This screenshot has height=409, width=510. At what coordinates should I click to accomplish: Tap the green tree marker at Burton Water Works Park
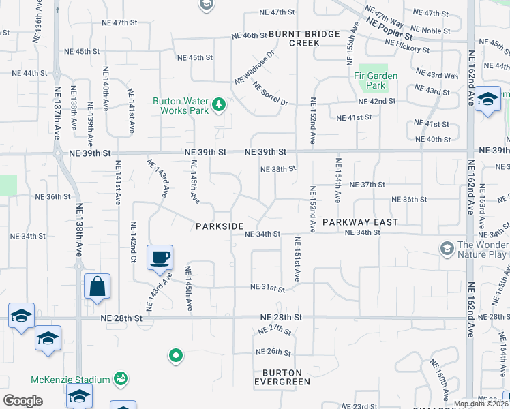[x=218, y=104]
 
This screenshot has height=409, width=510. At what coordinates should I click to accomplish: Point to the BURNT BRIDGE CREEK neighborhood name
[x=294, y=37]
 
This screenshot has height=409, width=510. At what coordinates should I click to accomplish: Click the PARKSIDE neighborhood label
[x=220, y=226]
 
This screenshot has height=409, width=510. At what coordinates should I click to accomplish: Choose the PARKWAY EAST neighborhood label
[x=360, y=222]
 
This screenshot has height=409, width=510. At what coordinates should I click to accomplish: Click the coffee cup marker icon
[x=160, y=258]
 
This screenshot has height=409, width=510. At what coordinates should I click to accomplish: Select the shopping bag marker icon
[x=97, y=286]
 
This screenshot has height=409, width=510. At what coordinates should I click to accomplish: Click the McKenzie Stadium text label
[x=70, y=380]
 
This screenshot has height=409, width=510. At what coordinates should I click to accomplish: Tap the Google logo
[x=22, y=401]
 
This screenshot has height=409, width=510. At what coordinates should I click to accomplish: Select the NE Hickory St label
[x=407, y=46]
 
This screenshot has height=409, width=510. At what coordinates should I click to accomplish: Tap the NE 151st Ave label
[x=297, y=260]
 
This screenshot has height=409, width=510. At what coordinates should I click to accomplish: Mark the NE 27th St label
[x=275, y=330]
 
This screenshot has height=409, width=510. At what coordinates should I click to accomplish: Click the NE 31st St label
[x=267, y=288]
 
